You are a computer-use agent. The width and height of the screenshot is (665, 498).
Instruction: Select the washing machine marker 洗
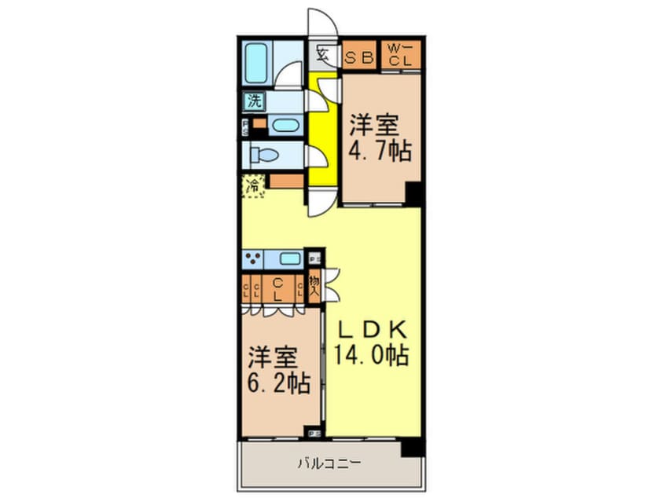coord(254,101)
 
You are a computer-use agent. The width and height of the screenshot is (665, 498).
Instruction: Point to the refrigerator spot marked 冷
coord(253,187)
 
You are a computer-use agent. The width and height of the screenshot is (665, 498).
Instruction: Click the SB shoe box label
coord(361,56)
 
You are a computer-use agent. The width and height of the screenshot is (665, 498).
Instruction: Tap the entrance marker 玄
coord(322,54)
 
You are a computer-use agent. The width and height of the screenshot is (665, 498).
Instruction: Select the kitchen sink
coord(289,259)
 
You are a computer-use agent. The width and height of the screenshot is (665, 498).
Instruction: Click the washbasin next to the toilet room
coord(282,126)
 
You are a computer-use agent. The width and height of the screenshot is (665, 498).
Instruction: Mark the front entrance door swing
coord(322,24)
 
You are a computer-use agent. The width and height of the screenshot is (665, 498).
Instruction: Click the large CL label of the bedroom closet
coord(278,289)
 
